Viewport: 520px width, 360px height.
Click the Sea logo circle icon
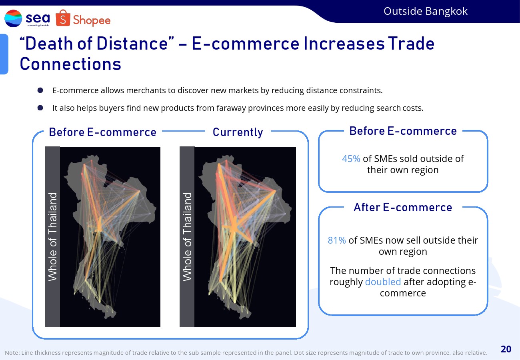[x=13, y=18]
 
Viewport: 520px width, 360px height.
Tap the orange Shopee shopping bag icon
[x=63, y=18]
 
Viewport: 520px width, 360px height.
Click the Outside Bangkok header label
[x=426, y=11]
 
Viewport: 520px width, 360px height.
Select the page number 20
[x=506, y=349]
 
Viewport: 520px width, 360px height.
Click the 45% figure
[x=351, y=159]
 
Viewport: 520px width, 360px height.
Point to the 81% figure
[x=337, y=240]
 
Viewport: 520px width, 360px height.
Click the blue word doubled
[x=383, y=282]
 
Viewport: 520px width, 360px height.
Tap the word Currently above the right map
[x=238, y=132]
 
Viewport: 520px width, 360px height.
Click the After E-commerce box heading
[x=403, y=207]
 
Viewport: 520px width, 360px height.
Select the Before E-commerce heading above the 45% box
[x=403, y=131]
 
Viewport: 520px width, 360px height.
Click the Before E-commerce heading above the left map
[x=103, y=132]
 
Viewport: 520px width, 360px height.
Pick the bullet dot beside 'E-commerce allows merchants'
[x=40, y=90]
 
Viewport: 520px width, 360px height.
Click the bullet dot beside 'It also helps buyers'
[x=40, y=108]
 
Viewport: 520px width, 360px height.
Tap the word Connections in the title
[x=70, y=64]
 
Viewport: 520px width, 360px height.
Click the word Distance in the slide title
[x=132, y=44]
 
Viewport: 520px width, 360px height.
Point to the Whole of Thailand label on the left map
[x=52, y=237]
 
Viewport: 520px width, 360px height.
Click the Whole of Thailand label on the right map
[x=187, y=237]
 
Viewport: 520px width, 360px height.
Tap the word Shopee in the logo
[x=92, y=20]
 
